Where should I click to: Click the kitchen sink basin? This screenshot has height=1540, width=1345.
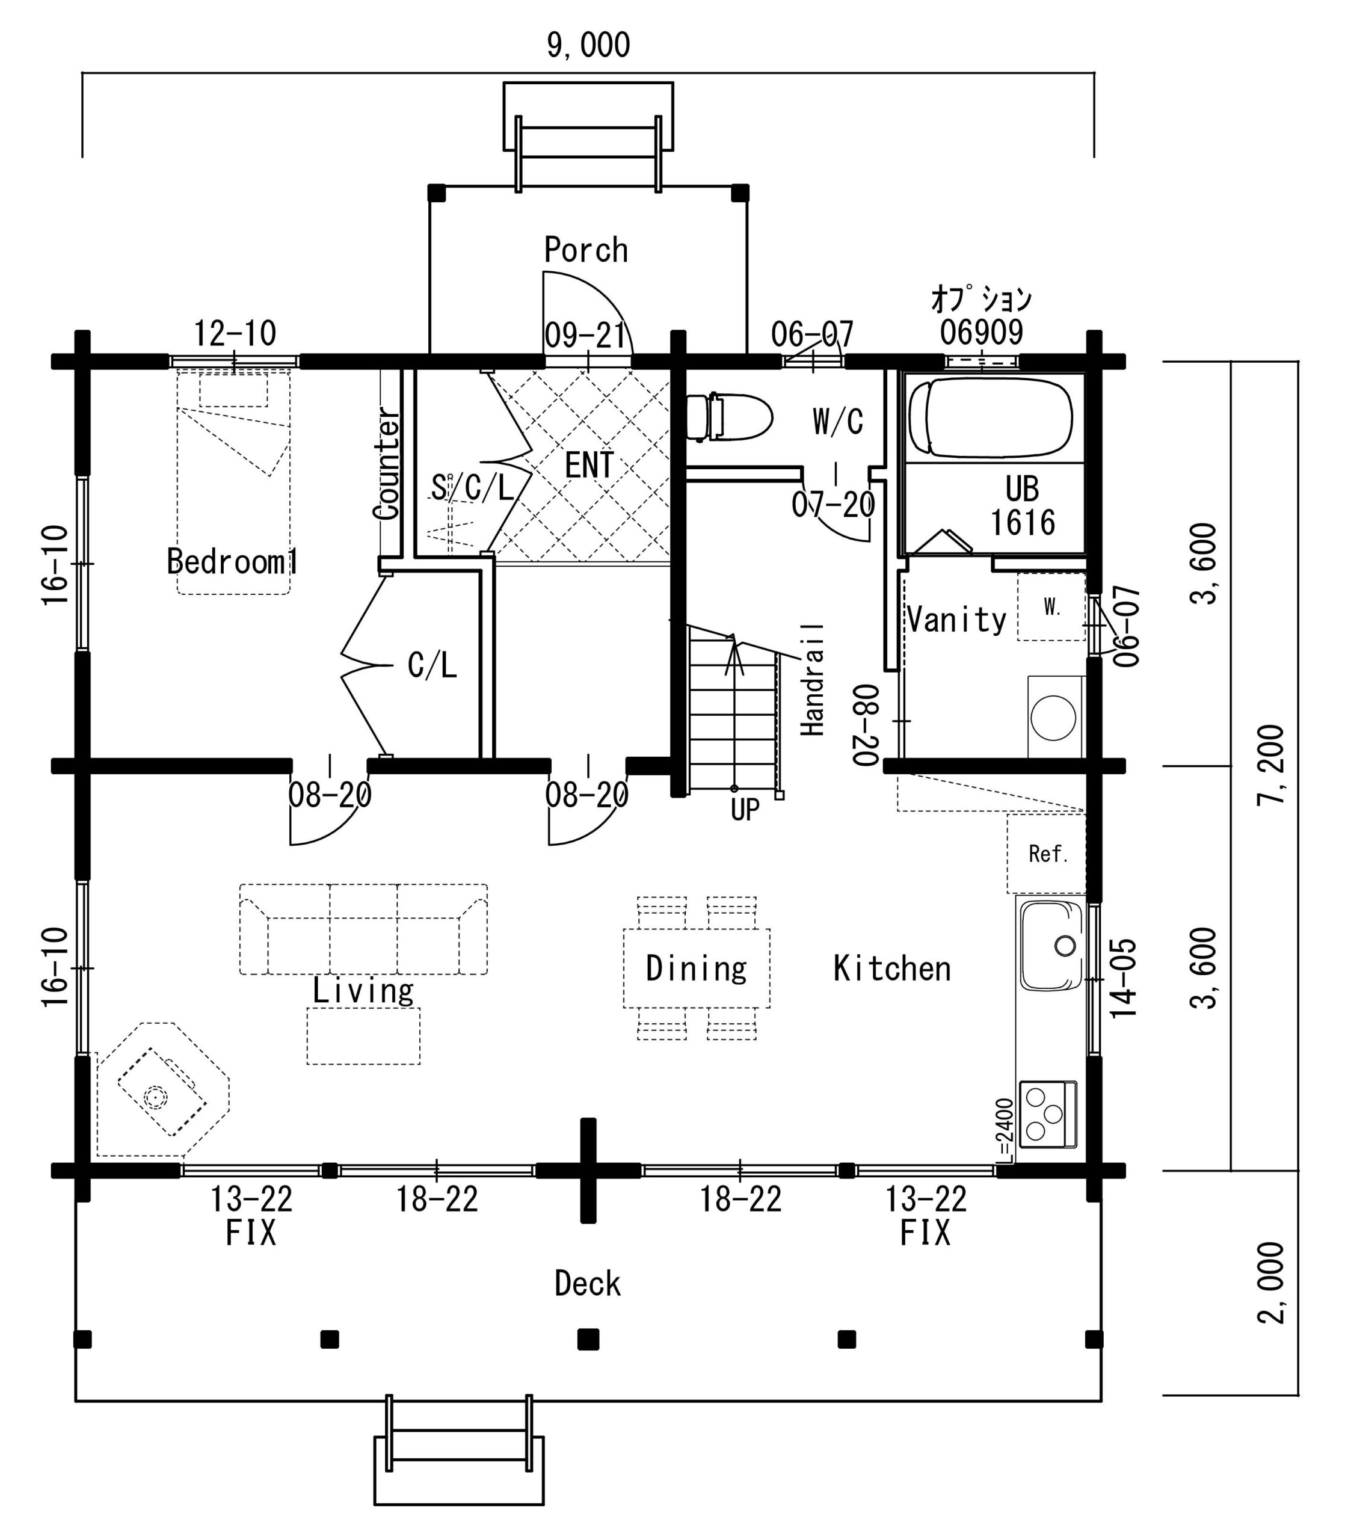pyautogui.click(x=1050, y=946)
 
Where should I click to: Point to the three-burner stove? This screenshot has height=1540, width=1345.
pyautogui.click(x=1048, y=1115)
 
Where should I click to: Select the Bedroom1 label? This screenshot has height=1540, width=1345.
pyautogui.click(x=232, y=561)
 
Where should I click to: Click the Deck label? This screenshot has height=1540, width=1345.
pyautogui.click(x=588, y=1284)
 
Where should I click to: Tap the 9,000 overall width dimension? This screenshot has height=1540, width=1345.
pyautogui.click(x=588, y=45)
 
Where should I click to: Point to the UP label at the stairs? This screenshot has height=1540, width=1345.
pyautogui.click(x=745, y=810)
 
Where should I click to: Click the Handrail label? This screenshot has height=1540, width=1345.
pyautogui.click(x=813, y=679)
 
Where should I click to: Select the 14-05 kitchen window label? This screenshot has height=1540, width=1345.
pyautogui.click(x=1124, y=978)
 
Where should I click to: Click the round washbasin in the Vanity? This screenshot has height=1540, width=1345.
pyautogui.click(x=1053, y=718)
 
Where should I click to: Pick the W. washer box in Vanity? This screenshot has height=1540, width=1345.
pyautogui.click(x=1051, y=606)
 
